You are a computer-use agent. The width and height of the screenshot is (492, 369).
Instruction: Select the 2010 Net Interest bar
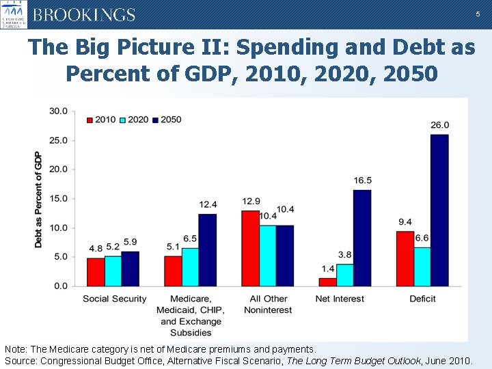(x=328, y=282)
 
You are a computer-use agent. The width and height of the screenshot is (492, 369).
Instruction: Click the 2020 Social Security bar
(x=113, y=271)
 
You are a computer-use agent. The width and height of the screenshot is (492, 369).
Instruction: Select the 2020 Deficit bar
(x=422, y=266)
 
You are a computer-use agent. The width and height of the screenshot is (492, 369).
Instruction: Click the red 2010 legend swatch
(x=90, y=120)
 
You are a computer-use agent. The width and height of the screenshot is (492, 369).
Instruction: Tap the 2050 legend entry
(x=167, y=120)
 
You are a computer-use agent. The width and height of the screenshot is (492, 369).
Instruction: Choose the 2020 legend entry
(x=134, y=120)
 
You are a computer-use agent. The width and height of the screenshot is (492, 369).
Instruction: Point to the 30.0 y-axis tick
(x=58, y=111)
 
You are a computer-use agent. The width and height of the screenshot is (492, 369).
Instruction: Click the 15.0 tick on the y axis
(x=58, y=199)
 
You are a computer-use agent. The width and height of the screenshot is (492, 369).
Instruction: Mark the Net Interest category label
(x=340, y=299)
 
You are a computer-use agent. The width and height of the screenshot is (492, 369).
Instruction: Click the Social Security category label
(x=115, y=299)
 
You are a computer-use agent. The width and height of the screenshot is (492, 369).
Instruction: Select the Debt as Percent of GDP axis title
(x=38, y=199)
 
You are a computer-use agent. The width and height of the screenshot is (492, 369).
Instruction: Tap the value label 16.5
(x=363, y=180)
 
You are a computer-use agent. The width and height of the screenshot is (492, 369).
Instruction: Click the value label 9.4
(x=405, y=222)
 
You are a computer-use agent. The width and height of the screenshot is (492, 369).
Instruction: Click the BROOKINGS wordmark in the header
(x=84, y=15)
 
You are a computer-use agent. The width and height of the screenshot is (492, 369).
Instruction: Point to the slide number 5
(x=477, y=14)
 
